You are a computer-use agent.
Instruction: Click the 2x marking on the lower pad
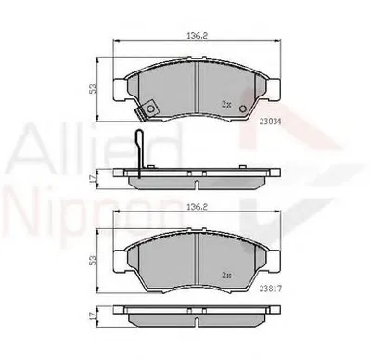[227, 275]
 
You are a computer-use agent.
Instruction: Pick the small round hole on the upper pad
[243, 109]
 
